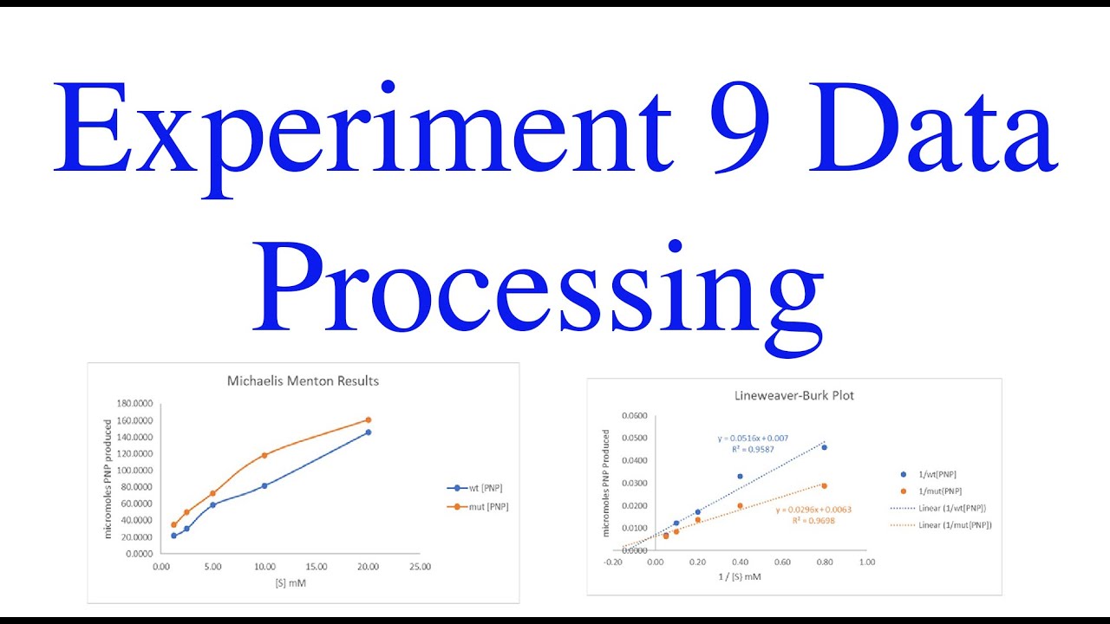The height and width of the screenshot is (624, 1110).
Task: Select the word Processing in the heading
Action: pyautogui.click(x=538, y=286)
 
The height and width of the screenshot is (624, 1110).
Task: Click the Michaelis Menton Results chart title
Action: pyautogui.click(x=303, y=380)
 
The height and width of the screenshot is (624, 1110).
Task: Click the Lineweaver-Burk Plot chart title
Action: pyautogui.click(x=793, y=395)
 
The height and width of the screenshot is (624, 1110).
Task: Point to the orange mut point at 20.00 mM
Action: pyautogui.click(x=369, y=420)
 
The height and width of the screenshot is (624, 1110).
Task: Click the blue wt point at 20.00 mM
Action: pyautogui.click(x=369, y=432)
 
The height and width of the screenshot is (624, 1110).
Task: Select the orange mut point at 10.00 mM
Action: pyautogui.click(x=264, y=455)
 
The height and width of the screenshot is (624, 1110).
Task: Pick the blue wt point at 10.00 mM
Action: pyautogui.click(x=264, y=485)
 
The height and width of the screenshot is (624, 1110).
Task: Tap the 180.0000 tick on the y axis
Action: pyautogui.click(x=134, y=404)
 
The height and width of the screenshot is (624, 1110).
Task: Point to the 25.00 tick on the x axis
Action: pyautogui.click(x=420, y=567)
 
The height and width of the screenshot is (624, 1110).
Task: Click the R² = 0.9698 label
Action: pyautogui.click(x=813, y=522)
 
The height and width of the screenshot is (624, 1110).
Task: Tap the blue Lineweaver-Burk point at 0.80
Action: pyautogui.click(x=824, y=447)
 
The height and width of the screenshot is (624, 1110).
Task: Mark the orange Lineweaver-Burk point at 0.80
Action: pyautogui.click(x=824, y=486)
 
